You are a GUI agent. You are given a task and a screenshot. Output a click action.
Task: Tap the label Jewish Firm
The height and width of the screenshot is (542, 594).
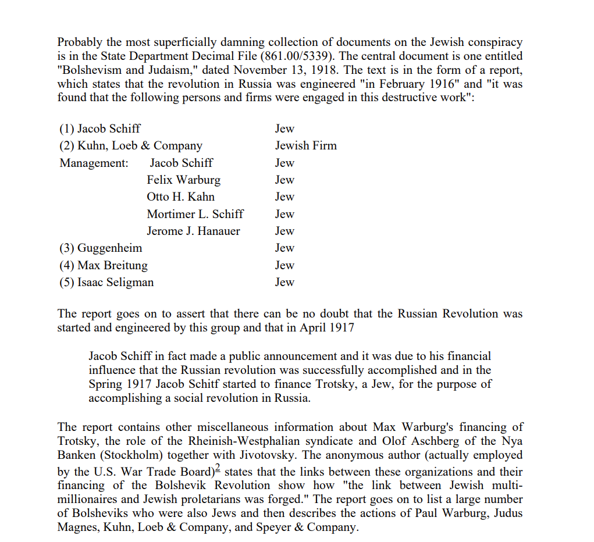(305, 145)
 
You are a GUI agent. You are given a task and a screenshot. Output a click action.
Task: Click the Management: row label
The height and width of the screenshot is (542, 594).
(94, 163)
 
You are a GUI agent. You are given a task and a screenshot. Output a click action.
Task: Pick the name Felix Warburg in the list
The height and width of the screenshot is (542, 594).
(183, 180)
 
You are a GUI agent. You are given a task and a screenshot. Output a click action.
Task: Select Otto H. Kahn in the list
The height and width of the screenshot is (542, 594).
(180, 197)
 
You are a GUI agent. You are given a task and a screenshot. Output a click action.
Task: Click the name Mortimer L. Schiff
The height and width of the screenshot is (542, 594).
(195, 213)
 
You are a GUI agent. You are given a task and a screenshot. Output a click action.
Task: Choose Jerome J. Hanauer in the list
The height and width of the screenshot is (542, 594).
(193, 231)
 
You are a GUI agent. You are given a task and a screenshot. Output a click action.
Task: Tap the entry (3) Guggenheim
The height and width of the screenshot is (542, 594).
(101, 248)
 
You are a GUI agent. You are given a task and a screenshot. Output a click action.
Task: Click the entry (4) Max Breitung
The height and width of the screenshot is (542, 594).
(104, 265)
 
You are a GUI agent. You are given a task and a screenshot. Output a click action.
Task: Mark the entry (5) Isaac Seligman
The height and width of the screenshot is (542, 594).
(106, 282)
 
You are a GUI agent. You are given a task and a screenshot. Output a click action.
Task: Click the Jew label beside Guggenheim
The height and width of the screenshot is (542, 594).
(284, 248)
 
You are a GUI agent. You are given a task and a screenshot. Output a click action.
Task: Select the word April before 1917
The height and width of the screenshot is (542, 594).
(314, 327)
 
